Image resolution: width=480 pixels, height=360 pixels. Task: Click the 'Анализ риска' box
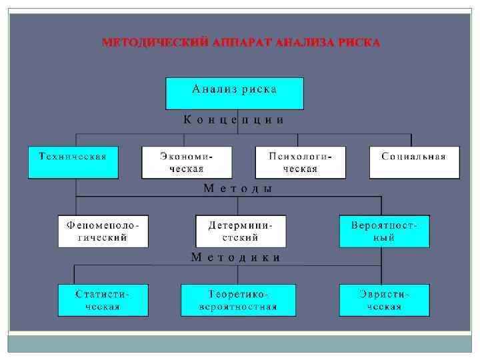tap(234, 93)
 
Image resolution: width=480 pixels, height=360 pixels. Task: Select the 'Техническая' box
tap(73, 162)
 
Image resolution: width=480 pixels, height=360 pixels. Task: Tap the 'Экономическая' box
tap(187, 162)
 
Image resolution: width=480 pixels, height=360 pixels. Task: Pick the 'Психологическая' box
tap(301, 162)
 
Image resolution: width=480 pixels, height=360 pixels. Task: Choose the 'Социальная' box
tap(414, 162)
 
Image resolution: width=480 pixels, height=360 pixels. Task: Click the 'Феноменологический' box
tap(103, 231)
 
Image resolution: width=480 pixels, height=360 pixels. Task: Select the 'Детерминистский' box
tap(241, 231)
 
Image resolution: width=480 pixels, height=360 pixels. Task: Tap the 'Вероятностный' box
tap(384, 231)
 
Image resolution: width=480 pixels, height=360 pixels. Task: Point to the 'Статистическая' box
tap(103, 300)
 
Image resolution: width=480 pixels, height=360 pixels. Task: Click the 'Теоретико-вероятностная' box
tap(239, 300)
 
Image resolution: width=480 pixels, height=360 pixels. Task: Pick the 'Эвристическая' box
tap(384, 300)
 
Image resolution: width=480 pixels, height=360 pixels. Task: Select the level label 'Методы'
tap(238, 189)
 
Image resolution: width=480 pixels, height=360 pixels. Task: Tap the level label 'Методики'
tap(235, 257)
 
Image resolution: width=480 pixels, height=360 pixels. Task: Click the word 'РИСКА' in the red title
tap(359, 43)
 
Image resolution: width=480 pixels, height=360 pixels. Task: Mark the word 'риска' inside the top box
tap(257, 88)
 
